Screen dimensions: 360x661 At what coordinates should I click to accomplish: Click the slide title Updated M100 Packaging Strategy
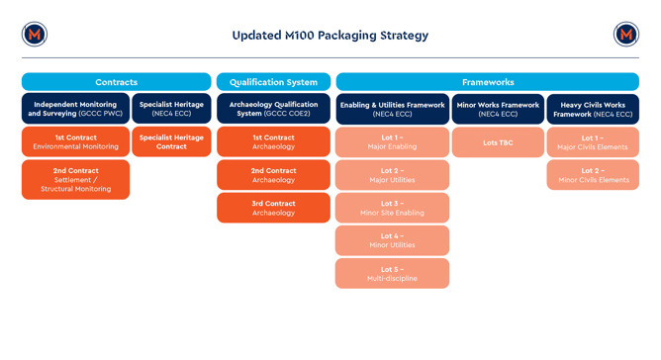click(x=330, y=35)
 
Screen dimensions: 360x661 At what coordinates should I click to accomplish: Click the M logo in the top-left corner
click(x=35, y=35)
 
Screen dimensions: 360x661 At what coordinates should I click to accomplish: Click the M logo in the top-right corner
click(x=625, y=35)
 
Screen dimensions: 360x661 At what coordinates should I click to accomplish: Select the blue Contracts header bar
click(x=116, y=82)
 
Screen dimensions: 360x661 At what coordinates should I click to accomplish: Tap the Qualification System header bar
click(x=273, y=82)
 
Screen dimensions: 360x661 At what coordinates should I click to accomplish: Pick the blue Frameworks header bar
click(x=487, y=82)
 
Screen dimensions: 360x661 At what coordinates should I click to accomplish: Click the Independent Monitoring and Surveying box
click(x=75, y=109)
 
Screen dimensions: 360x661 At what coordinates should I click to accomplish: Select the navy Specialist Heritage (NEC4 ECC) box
click(x=171, y=109)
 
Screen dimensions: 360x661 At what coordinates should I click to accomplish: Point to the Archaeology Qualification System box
click(x=273, y=109)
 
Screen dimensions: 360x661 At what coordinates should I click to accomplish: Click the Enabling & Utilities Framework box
click(x=392, y=109)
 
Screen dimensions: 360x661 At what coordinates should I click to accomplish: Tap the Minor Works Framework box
click(x=498, y=109)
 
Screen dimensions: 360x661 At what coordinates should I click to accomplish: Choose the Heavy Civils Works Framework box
click(x=593, y=109)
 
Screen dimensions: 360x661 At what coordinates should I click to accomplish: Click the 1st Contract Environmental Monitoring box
click(x=75, y=141)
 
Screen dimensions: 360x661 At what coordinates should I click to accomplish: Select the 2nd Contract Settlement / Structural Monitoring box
click(x=75, y=179)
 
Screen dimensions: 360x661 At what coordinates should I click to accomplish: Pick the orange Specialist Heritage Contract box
click(x=171, y=141)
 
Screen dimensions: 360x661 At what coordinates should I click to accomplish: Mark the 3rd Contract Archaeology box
click(x=273, y=208)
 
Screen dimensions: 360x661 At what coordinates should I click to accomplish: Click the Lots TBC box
click(x=498, y=142)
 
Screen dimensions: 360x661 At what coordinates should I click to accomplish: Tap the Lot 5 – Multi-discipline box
click(x=392, y=273)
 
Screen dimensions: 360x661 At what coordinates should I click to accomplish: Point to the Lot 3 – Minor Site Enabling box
click(x=392, y=208)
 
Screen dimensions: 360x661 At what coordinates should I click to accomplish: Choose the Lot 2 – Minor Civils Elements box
click(x=593, y=175)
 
